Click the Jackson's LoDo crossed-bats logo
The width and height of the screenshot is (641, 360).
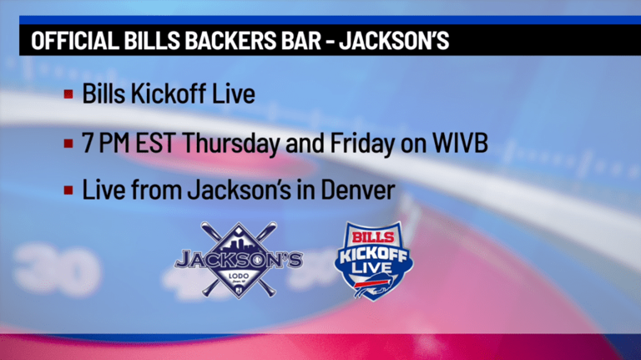[x=238, y=258]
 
